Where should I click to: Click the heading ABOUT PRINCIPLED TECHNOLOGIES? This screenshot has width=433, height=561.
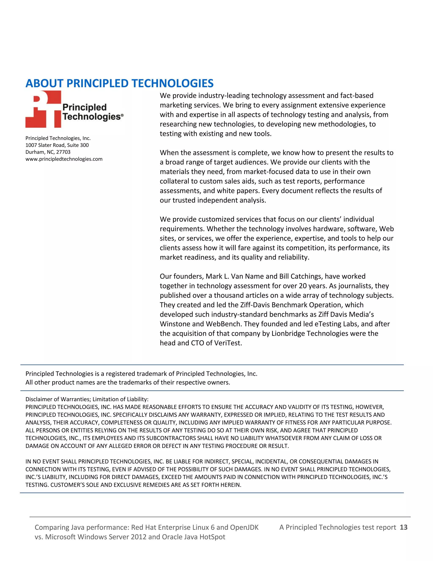pyautogui.click(x=119, y=83)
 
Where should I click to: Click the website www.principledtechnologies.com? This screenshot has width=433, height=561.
pyautogui.click(x=64, y=159)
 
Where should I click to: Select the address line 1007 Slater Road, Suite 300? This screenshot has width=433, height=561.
pyautogui.click(x=57, y=145)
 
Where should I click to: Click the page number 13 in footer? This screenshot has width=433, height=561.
pyautogui.click(x=403, y=527)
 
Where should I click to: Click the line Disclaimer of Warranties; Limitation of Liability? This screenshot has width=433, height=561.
pyautogui.click(x=87, y=399)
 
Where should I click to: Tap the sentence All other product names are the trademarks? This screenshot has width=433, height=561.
pyautogui.click(x=128, y=383)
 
